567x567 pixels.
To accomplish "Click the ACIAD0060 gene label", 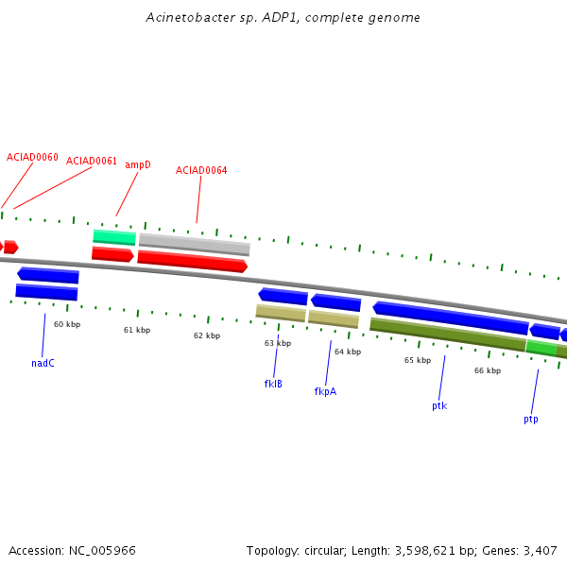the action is [32, 157].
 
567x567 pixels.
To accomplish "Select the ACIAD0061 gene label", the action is [92, 161].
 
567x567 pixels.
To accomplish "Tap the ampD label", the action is [138, 164].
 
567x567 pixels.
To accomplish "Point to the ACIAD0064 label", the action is [201, 170].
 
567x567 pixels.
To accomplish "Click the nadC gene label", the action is [43, 363].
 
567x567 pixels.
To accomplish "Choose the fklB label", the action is [273, 384].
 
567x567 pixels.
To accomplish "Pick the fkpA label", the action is [325, 391].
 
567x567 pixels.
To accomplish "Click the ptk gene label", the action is [439, 405].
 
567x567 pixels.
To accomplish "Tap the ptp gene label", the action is [530, 419].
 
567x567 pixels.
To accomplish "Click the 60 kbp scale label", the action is [67, 324].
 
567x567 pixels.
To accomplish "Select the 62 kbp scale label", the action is [207, 335].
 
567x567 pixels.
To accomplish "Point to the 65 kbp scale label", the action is [418, 361].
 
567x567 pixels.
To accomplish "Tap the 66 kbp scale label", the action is [488, 370].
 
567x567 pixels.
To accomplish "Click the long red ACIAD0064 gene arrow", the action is [193, 261].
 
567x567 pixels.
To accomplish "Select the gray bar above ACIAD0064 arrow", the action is [195, 244].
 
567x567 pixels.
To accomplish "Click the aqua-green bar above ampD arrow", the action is [114, 237].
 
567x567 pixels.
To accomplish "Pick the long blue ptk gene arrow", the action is [451, 318].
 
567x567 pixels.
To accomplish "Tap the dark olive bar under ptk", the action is [448, 335].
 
